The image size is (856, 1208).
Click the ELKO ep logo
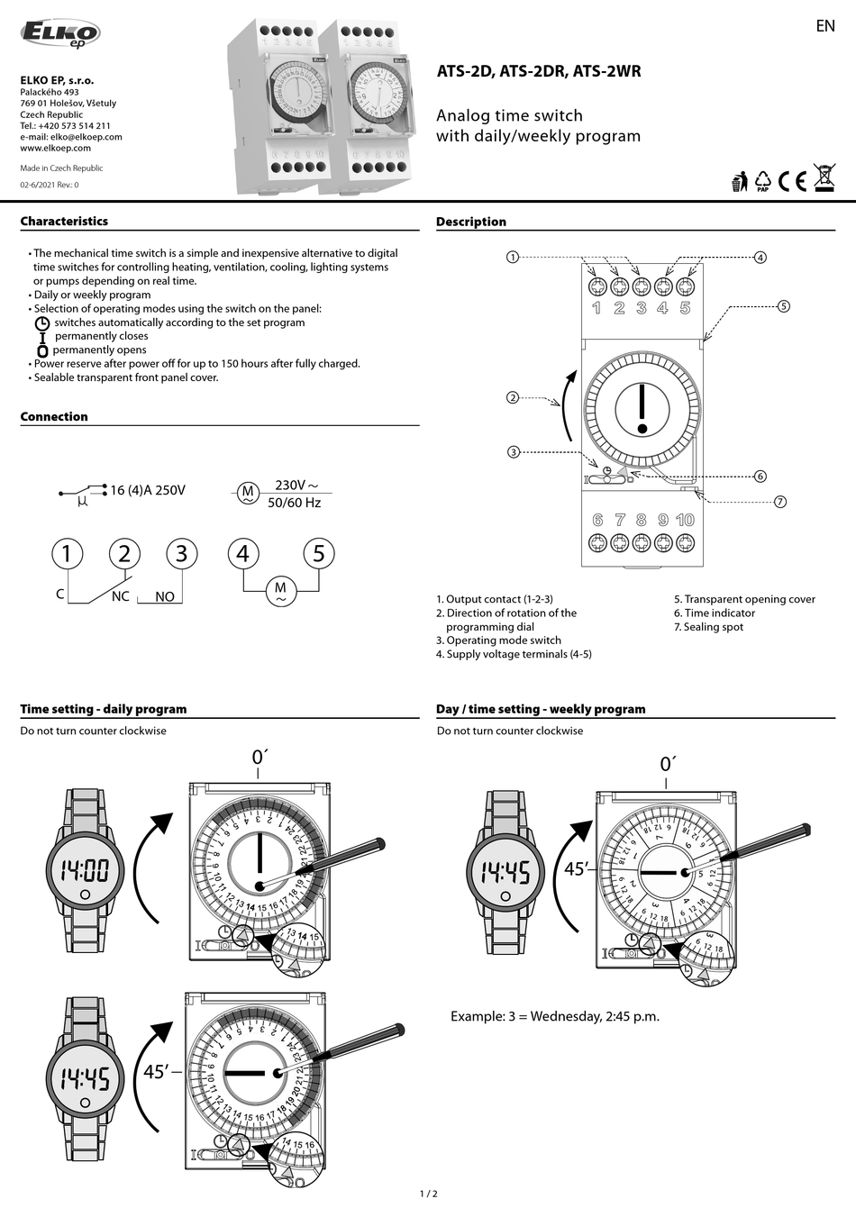[x=60, y=33]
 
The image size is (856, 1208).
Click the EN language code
[x=824, y=26]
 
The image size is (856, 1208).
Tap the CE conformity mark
[x=792, y=181]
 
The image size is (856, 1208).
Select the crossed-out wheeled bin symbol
[x=824, y=178]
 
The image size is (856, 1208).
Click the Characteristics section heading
[x=64, y=222]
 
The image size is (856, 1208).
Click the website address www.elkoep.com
[x=56, y=149]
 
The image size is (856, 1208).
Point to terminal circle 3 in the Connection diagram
[x=182, y=553]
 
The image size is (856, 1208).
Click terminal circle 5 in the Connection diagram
[x=318, y=553]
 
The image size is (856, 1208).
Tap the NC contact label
[x=120, y=596]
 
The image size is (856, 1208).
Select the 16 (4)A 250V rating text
[x=147, y=490]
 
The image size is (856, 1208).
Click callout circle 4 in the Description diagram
[x=760, y=258]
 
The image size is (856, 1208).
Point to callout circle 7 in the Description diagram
[x=780, y=502]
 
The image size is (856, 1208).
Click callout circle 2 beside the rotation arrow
[x=513, y=397]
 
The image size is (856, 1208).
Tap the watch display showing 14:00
[x=85, y=870]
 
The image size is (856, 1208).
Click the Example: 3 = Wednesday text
[x=555, y=1016]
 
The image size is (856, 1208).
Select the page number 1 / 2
[x=428, y=1194]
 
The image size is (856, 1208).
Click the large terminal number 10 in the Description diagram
[x=685, y=520]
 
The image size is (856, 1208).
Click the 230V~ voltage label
[x=296, y=486]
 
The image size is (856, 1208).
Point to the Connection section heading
[x=54, y=417]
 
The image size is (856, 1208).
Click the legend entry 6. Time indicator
[x=715, y=613]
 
